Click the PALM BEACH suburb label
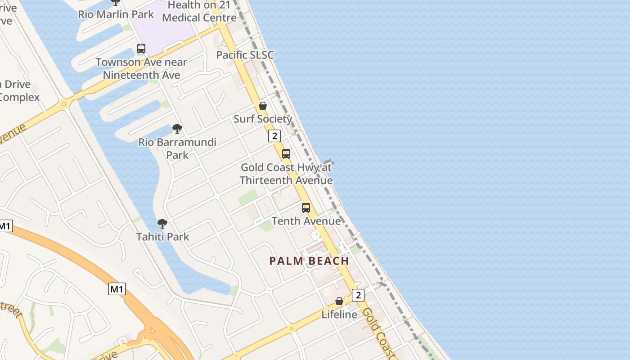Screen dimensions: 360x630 click(309, 261)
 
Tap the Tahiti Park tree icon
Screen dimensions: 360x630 click(162, 223)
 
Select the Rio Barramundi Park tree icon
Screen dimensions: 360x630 click(177, 129)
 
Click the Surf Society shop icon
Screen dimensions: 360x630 click(263, 106)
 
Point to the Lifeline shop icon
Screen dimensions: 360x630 click(339, 301)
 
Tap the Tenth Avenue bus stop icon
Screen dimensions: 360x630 click(306, 208)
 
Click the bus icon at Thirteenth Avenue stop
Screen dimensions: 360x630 click(286, 154)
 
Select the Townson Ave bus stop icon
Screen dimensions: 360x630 click(141, 49)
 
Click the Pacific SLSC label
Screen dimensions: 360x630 click(245, 55)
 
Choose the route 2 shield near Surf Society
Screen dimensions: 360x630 click(274, 135)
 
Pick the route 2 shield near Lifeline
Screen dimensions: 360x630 click(358, 295)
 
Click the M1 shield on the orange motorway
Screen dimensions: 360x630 click(117, 289)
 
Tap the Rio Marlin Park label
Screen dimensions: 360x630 click(116, 14)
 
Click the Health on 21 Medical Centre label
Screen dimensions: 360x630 click(199, 12)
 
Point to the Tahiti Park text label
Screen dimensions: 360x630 click(162, 237)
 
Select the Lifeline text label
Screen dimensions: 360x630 click(339, 315)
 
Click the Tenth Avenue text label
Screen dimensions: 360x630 click(306, 221)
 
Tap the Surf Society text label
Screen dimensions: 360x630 click(263, 119)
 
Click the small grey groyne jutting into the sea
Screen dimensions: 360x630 click(328, 162)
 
